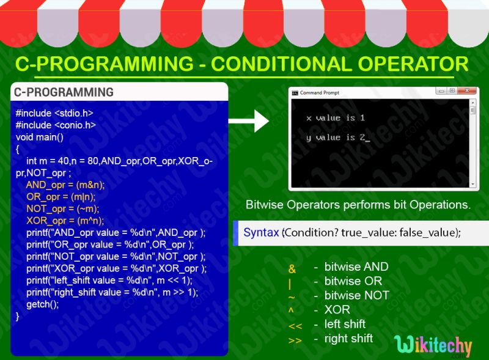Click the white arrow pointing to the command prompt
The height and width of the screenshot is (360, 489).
(x=253, y=121)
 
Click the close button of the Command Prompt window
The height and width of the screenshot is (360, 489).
(x=469, y=91)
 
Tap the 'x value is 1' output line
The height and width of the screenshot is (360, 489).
(x=335, y=118)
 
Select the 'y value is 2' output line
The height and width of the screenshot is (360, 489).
(x=337, y=138)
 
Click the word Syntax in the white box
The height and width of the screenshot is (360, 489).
(x=262, y=233)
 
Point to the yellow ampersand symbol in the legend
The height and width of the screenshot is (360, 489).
(x=292, y=269)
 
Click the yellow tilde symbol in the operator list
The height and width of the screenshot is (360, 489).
(x=292, y=297)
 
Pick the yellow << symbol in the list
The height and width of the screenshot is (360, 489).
(x=295, y=326)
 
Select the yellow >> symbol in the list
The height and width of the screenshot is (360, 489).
(x=295, y=340)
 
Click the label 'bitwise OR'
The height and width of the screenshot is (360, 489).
(x=353, y=281)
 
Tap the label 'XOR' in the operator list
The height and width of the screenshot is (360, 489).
(x=337, y=309)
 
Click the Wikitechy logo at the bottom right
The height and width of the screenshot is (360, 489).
(x=433, y=346)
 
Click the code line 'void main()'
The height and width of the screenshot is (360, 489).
(x=40, y=137)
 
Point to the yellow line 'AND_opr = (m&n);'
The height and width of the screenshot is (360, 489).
(x=65, y=185)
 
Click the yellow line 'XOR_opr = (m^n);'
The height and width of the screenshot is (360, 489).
(x=65, y=221)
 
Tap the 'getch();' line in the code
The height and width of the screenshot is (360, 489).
(x=42, y=304)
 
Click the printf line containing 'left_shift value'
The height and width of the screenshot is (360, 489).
(x=109, y=281)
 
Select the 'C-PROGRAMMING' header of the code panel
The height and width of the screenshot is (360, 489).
(x=64, y=92)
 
